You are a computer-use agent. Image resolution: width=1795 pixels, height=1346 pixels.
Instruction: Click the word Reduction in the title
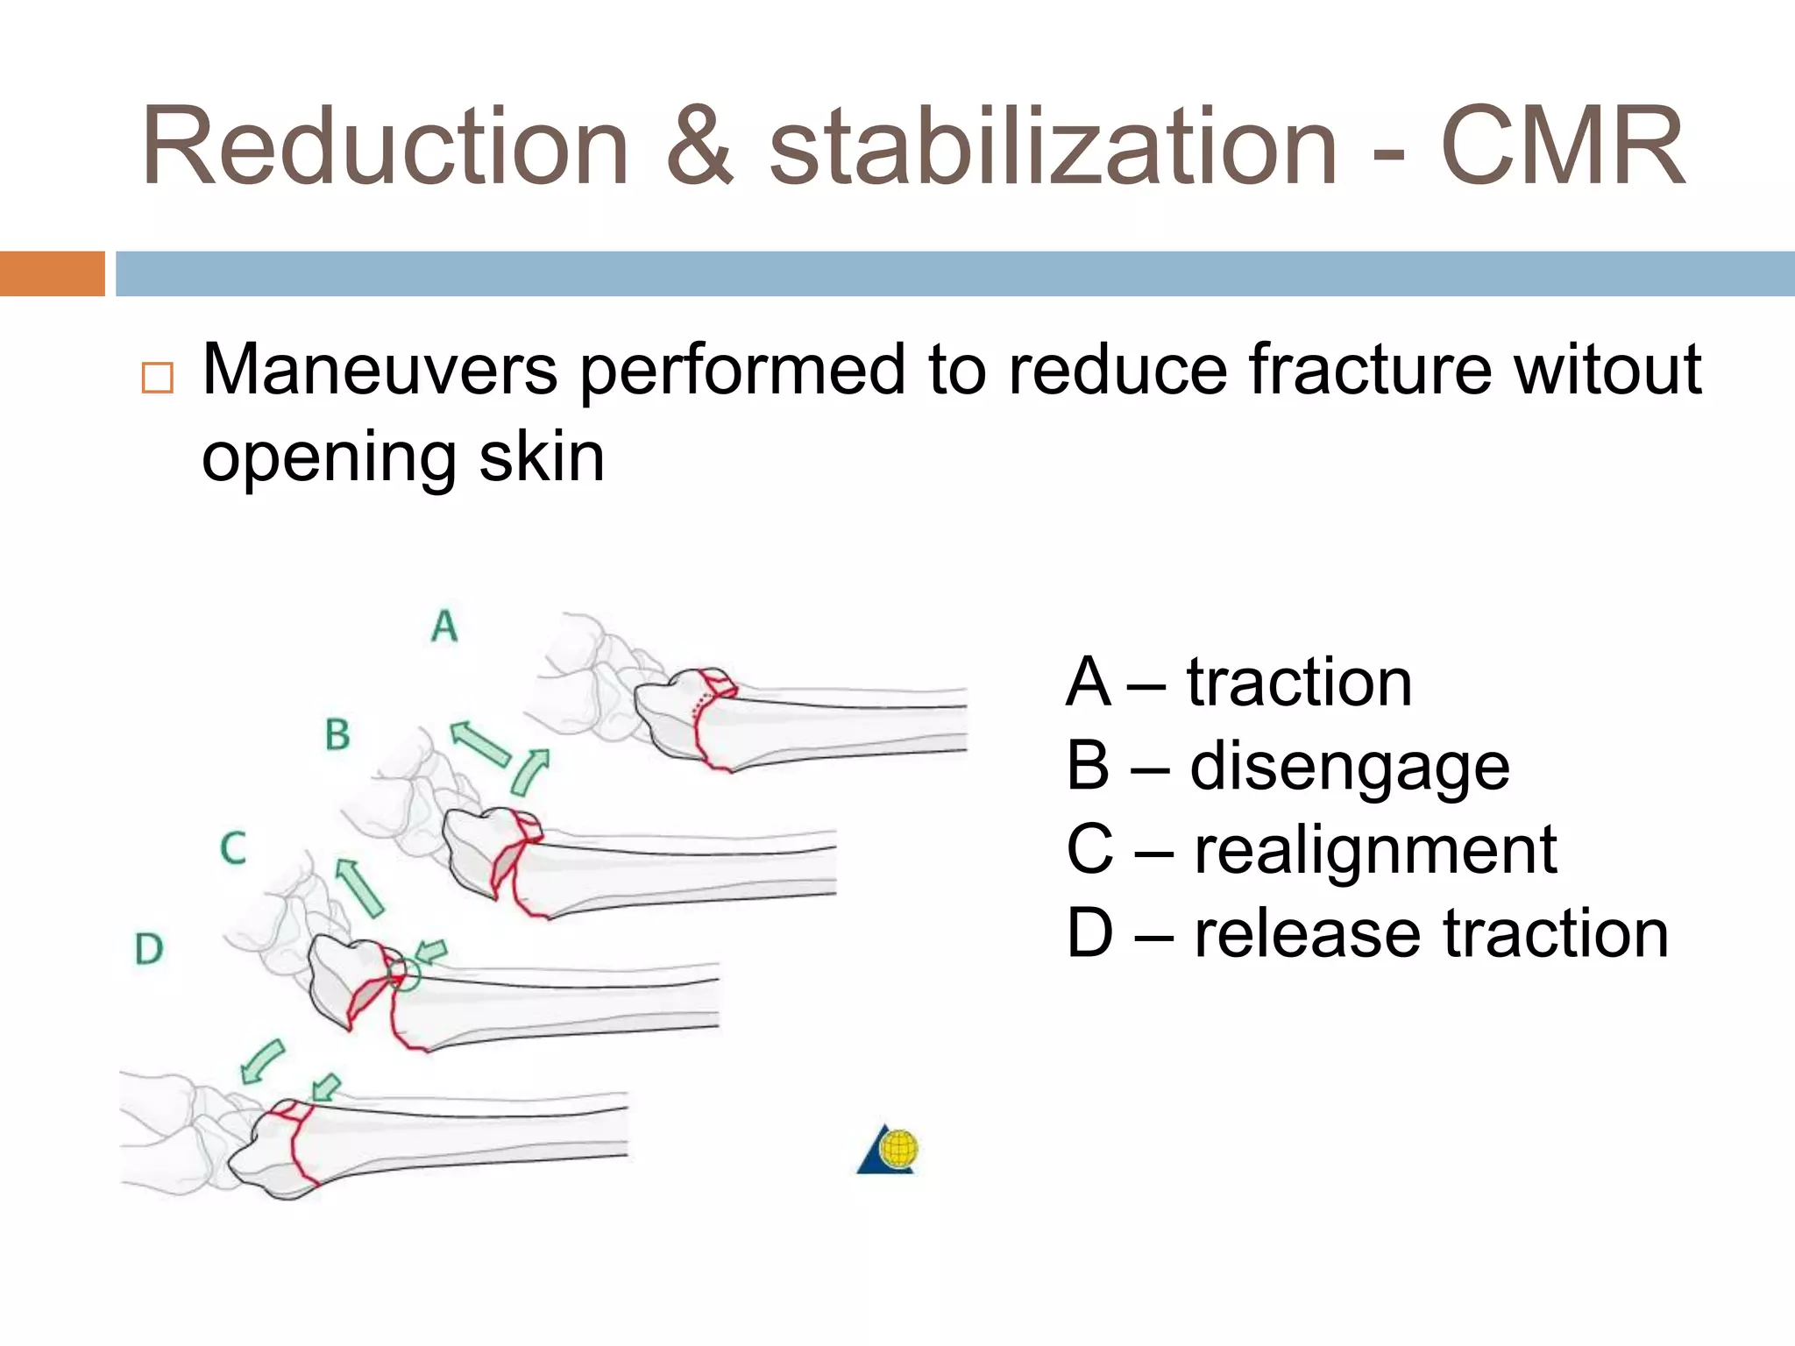pyautogui.click(x=386, y=146)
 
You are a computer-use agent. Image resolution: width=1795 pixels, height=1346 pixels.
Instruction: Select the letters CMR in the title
pyautogui.click(x=1563, y=146)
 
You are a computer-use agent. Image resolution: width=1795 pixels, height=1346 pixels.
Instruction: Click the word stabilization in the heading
pyautogui.click(x=1053, y=146)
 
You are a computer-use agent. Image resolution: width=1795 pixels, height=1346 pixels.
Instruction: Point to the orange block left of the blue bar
pyautogui.click(x=52, y=273)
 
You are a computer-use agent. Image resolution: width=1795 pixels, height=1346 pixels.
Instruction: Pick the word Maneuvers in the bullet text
pyautogui.click(x=380, y=370)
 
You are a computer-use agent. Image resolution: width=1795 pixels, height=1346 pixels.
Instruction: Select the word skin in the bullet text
pyautogui.click(x=541, y=457)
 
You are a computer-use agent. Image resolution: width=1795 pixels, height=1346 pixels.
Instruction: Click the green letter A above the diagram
pyautogui.click(x=444, y=626)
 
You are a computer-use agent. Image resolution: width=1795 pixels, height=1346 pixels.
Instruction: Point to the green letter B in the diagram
pyautogui.click(x=337, y=734)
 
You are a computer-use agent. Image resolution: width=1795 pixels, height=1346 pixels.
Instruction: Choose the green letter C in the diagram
pyautogui.click(x=233, y=848)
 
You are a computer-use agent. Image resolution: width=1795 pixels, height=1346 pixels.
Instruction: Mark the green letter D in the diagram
pyautogui.click(x=149, y=949)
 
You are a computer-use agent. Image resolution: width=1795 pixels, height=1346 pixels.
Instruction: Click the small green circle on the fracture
pyautogui.click(x=404, y=974)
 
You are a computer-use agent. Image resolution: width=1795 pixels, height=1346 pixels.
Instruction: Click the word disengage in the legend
pyautogui.click(x=1350, y=767)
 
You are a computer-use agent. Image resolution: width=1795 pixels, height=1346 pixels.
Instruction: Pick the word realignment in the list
pyautogui.click(x=1375, y=850)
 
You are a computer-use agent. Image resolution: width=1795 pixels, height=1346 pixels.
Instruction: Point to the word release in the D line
pyautogui.click(x=1307, y=933)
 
